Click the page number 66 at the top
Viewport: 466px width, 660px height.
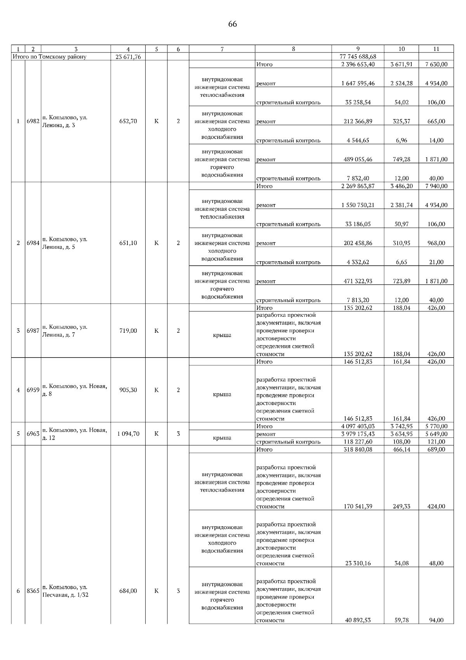(232, 24)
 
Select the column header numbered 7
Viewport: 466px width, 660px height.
(222, 49)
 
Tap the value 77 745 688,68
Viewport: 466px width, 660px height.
(358, 57)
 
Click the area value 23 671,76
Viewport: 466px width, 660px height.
(128, 57)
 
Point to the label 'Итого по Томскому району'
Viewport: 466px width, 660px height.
(49, 57)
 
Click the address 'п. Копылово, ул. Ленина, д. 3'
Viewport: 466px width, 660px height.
(64, 121)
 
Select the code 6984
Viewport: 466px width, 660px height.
(33, 243)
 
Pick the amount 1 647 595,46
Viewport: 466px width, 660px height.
(358, 83)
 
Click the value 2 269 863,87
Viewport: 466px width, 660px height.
(358, 186)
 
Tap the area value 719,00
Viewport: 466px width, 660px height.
(128, 331)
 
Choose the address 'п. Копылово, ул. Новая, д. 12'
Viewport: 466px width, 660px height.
(75, 434)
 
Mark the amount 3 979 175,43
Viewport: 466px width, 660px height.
(358, 434)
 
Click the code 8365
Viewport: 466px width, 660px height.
(33, 591)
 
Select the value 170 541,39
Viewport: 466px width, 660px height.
(358, 506)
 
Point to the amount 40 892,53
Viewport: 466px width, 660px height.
(358, 620)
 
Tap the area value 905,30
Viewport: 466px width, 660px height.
(128, 390)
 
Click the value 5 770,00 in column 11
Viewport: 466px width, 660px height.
(436, 426)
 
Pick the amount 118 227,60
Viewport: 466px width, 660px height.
(358, 442)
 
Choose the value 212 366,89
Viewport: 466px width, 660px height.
(358, 121)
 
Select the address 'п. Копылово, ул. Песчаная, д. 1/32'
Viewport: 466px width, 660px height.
(65, 591)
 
